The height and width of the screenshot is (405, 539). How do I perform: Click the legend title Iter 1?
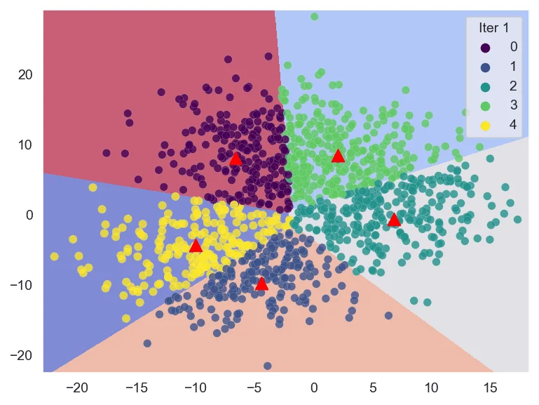(x=493, y=28)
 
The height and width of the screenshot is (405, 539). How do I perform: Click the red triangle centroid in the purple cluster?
(x=236, y=159)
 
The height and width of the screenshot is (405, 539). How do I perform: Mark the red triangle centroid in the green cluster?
(x=338, y=155)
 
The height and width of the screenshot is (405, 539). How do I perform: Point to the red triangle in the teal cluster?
(x=394, y=220)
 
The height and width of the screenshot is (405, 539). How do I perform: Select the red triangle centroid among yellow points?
(x=196, y=246)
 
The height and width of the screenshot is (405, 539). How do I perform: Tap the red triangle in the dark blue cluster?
(x=261, y=284)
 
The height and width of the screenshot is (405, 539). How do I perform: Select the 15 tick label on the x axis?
(x=490, y=387)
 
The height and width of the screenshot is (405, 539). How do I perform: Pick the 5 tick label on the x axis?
(x=372, y=387)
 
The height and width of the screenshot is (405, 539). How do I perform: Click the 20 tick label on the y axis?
(x=25, y=74)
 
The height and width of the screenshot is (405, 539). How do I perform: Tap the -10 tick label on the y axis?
(x=22, y=285)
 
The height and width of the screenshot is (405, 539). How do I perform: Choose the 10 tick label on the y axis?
(x=25, y=145)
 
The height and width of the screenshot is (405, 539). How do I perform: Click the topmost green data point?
(x=314, y=16)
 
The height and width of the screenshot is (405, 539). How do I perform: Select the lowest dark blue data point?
(x=267, y=366)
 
